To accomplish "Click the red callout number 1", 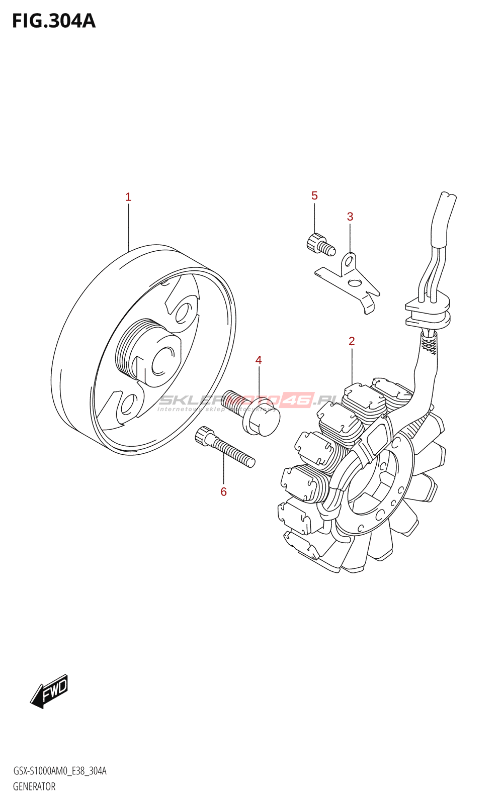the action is point(128,197).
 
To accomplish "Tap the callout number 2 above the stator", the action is point(352,341).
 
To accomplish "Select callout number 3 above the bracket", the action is point(350,217).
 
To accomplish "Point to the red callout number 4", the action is point(259,360).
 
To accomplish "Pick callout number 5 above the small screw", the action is point(314,195).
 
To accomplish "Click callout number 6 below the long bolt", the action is point(224,492).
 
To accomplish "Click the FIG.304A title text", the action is point(54,21).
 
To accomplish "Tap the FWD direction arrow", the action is point(49,691).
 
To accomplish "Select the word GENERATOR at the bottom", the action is point(34,786).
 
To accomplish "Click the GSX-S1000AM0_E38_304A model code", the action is point(59,771).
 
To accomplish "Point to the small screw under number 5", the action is point(319,244).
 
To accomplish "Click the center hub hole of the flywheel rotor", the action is point(162,361).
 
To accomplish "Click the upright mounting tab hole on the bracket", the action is point(348,262).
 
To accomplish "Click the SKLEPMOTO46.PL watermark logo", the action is point(246,400).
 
